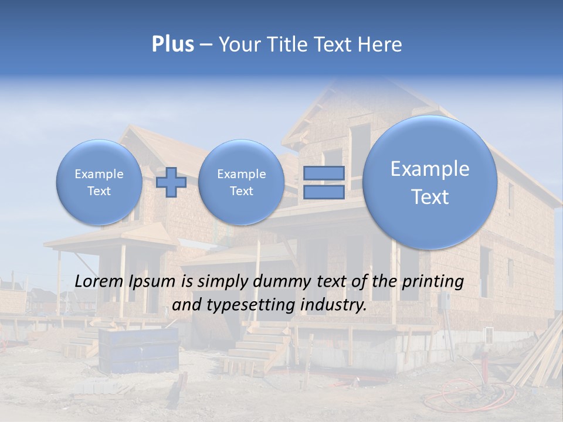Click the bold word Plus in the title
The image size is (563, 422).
point(172,45)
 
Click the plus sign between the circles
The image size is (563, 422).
point(171,182)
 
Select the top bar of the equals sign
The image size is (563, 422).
point(324,173)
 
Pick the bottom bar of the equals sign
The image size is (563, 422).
point(324,192)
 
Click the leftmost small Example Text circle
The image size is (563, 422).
point(99,182)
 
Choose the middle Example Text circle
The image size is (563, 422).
point(241,182)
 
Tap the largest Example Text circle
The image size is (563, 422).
point(430,182)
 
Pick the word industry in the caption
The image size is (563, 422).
point(335,305)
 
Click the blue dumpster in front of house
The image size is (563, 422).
point(138,349)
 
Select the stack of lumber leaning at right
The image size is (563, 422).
point(538,358)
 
